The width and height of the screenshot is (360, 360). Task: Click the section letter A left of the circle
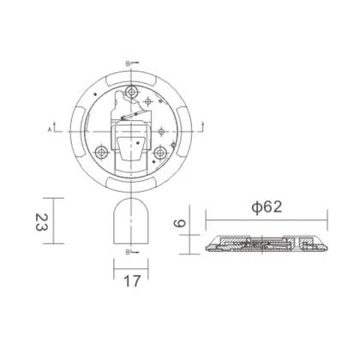click(49, 128)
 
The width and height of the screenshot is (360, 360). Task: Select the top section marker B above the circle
click(127, 63)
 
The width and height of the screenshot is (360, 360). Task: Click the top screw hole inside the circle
click(131, 93)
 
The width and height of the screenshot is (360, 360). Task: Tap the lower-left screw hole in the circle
click(102, 151)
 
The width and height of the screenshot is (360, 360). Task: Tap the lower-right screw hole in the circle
click(159, 151)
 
